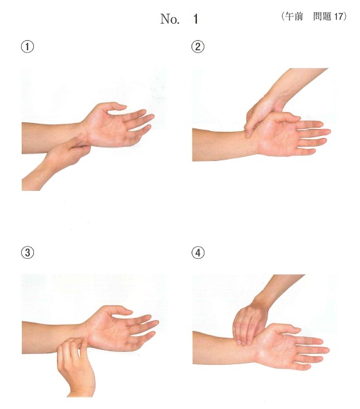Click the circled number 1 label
point(27,47)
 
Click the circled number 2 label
point(198,47)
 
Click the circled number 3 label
point(27,253)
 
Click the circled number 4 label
point(198,253)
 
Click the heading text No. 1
point(179,19)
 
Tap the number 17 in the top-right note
point(338,16)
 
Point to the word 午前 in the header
point(294,16)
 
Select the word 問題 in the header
point(322,16)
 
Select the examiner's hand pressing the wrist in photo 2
point(264,112)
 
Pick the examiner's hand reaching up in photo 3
point(75,366)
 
